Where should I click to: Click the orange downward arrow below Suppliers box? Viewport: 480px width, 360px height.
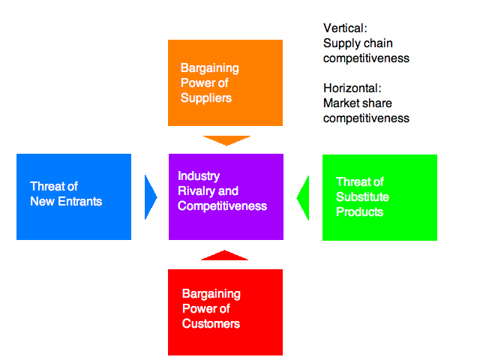226,139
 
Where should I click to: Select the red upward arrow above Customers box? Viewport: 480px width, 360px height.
224,256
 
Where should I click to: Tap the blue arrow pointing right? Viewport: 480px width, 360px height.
151,197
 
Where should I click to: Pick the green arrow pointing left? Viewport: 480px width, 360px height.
304,198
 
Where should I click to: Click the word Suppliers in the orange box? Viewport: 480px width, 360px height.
206,98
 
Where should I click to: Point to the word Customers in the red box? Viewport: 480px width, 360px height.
211,324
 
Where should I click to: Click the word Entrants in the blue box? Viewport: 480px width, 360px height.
76,201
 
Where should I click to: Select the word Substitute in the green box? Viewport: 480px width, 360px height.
363,196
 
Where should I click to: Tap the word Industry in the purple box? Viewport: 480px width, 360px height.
199,176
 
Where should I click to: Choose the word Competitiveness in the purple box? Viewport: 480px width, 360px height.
222,206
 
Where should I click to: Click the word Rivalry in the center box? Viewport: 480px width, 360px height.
196,191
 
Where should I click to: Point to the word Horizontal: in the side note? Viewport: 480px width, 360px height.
352,88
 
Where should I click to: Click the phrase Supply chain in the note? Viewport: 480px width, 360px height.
358,43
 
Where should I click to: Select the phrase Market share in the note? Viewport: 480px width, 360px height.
358,103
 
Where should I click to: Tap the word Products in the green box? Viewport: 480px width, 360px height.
360,211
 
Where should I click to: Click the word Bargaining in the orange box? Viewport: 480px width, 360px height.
211,68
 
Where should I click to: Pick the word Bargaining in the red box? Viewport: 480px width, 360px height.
211,294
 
